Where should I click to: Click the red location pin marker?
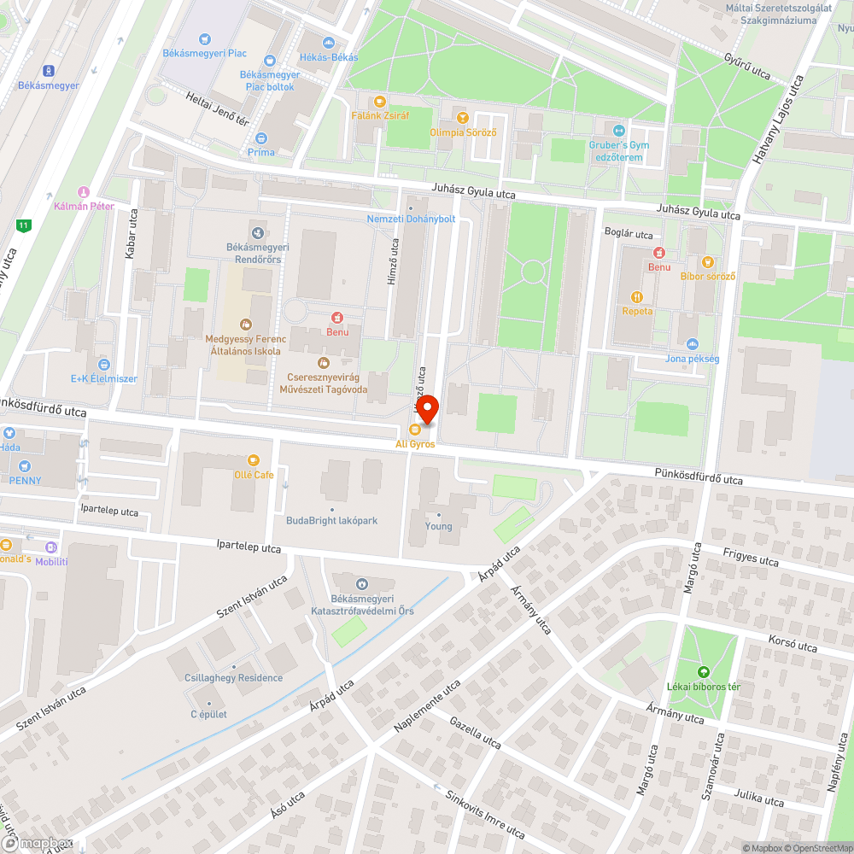click(427, 410)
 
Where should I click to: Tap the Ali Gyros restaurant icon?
click(414, 430)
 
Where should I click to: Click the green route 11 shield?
click(22, 225)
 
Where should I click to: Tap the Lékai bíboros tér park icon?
click(704, 672)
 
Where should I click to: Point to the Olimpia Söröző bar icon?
click(463, 117)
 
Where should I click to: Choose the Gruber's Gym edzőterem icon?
click(619, 130)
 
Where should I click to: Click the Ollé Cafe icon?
click(254, 459)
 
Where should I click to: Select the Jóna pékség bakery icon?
click(692, 344)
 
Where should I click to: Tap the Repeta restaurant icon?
click(637, 296)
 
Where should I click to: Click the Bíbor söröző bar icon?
click(707, 261)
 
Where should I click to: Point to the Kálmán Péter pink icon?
click(83, 192)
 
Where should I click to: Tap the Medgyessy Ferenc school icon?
click(245, 324)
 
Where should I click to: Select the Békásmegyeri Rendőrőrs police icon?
click(257, 232)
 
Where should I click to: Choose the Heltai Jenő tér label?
click(217, 109)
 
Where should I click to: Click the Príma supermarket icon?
click(261, 138)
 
